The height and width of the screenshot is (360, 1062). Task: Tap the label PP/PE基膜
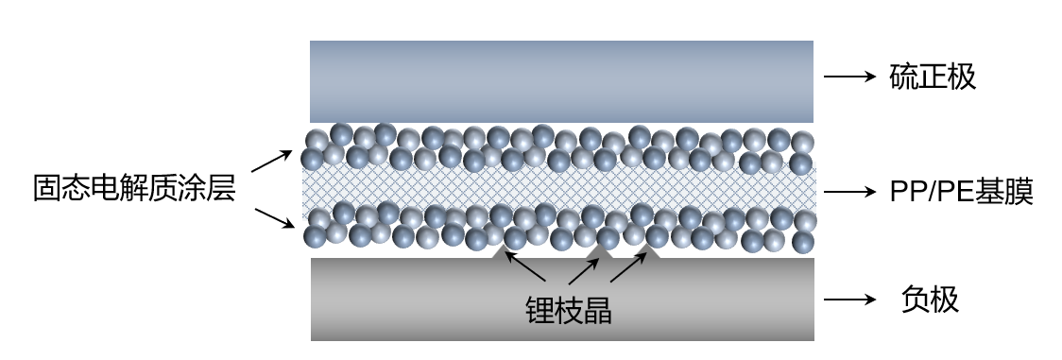click(961, 193)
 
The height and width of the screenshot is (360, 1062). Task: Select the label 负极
click(931, 300)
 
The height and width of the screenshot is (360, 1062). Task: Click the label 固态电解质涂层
click(133, 189)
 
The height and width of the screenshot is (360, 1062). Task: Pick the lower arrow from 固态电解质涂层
click(273, 219)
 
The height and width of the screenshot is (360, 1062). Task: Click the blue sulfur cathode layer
click(562, 80)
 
